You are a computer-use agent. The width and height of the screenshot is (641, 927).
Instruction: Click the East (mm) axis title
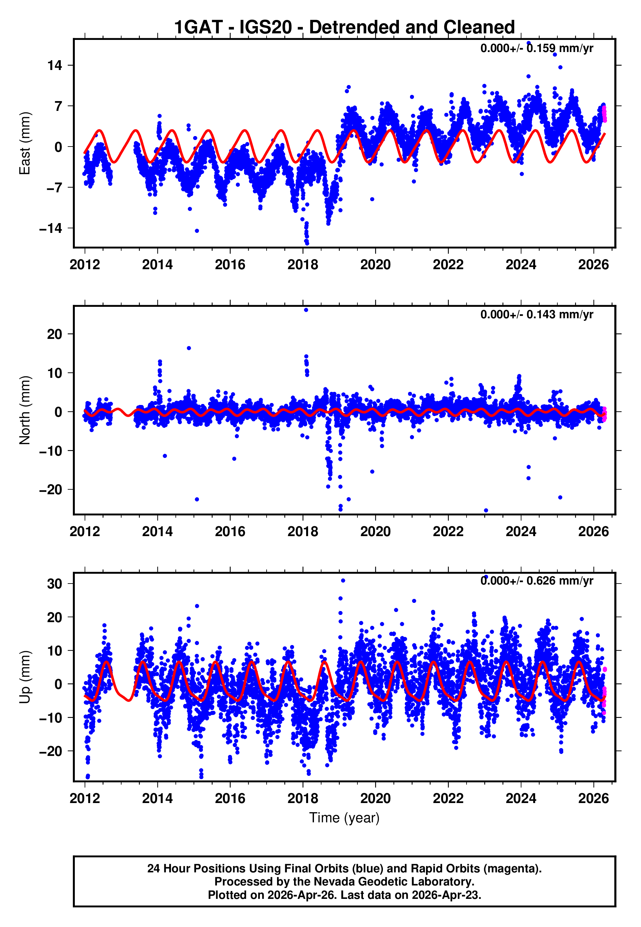pyautogui.click(x=25, y=143)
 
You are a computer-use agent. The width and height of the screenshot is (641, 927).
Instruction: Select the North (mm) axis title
pyautogui.click(x=25, y=410)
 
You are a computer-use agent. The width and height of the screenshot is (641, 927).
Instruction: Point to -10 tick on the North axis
pyautogui.click(x=51, y=451)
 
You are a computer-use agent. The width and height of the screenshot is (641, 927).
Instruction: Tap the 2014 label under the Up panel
pyautogui.click(x=157, y=798)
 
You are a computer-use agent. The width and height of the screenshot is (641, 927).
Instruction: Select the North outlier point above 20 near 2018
pyautogui.click(x=306, y=310)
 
